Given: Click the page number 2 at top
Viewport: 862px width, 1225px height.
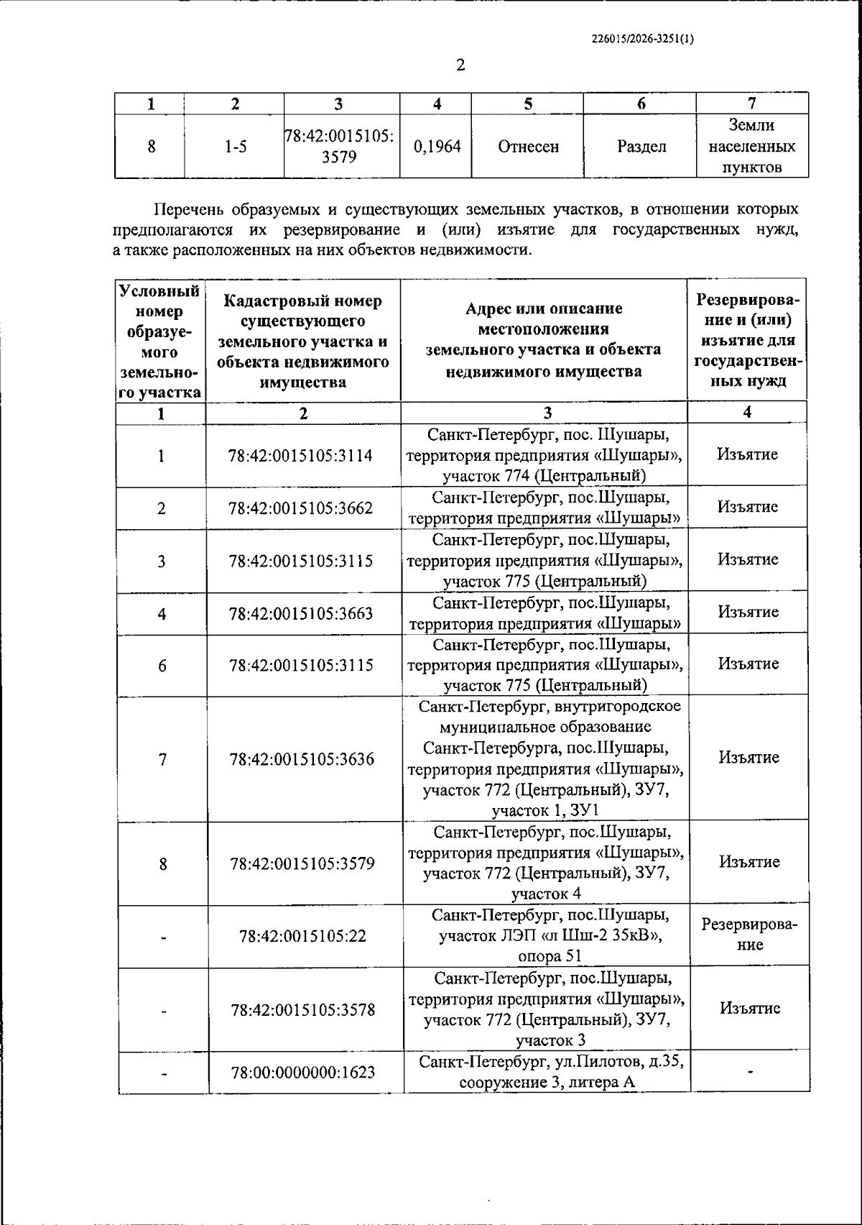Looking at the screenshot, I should coord(460,65).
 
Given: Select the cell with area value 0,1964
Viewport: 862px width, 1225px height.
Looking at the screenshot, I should coord(437,147).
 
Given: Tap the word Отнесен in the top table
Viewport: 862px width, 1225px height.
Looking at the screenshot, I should coord(528,147).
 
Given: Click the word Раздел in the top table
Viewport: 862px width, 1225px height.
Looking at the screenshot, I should coord(641,147).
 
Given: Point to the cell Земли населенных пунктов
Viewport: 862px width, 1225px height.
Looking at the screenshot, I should coord(751,147).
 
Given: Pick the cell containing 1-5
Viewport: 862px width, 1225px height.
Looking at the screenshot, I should coord(235,147).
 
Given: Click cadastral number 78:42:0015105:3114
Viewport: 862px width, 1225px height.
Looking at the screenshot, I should coord(301,456).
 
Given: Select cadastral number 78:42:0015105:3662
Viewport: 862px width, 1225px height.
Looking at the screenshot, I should coord(301,508).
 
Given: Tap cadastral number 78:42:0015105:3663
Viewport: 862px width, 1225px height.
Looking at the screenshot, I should coord(301,613).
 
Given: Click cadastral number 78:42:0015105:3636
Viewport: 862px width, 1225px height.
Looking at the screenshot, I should coord(302,759).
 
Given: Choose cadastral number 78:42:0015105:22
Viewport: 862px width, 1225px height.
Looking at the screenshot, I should coord(302,936).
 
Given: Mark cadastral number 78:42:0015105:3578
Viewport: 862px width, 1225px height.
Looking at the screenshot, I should coord(302,1010).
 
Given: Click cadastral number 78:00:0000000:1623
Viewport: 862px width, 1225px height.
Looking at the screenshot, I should coord(302,1073).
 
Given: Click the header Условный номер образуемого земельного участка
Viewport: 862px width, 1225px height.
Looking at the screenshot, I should coord(160,342).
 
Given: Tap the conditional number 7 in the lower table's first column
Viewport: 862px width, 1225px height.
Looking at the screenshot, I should coord(162,759).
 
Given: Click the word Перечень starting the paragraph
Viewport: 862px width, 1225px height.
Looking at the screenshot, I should coord(188,210).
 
